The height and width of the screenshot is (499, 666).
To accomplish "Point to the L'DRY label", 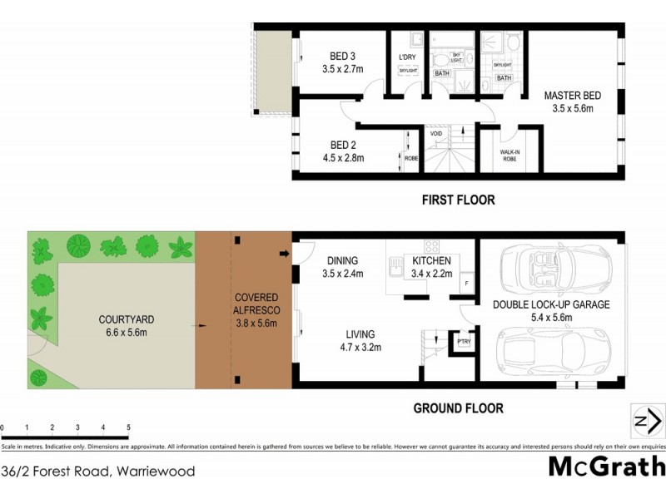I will [407, 57].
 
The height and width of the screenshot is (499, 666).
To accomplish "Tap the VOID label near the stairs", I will [435, 134].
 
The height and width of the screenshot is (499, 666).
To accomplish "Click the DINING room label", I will [341, 260].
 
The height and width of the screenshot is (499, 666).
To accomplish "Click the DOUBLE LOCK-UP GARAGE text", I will [551, 305].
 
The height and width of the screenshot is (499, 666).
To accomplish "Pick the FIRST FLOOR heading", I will [458, 200].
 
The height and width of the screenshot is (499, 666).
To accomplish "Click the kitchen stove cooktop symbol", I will [432, 245].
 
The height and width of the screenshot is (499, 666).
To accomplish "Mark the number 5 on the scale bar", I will [128, 427].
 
